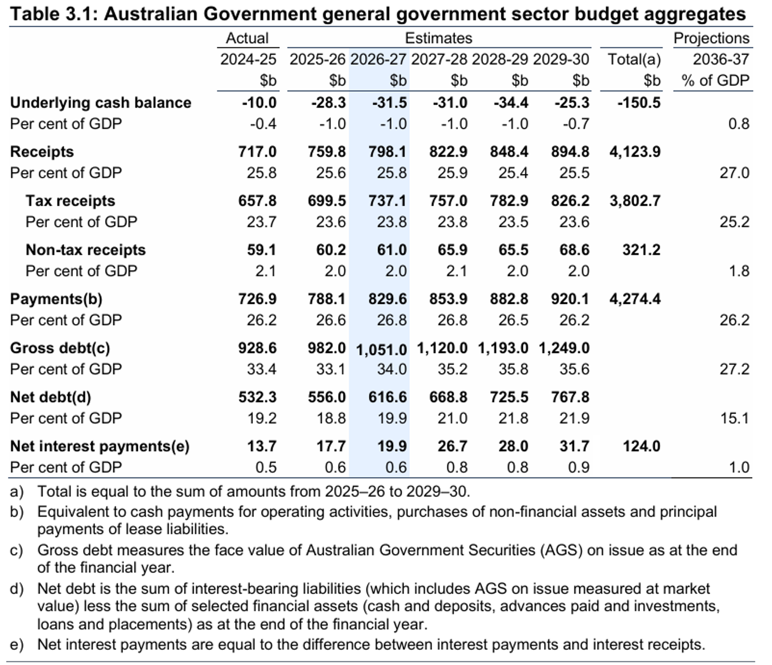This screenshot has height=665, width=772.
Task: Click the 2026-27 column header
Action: click(x=378, y=59)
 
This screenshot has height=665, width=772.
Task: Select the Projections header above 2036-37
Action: click(x=712, y=38)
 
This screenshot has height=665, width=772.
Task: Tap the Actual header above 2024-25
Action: click(x=247, y=38)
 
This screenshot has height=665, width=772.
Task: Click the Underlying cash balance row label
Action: click(x=101, y=102)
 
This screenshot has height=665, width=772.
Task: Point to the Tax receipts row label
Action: click(x=70, y=201)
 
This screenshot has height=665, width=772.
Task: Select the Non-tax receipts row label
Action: click(x=85, y=250)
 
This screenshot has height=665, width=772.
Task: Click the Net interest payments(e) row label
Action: click(x=100, y=446)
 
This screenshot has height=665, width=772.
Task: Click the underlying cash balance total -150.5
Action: click(x=639, y=102)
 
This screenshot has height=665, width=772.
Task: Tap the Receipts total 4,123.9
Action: click(x=635, y=152)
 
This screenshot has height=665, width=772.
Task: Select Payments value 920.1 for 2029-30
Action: click(x=570, y=299)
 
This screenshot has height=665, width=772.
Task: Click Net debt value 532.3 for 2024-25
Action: click(x=257, y=397)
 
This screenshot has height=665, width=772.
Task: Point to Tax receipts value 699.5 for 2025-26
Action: click(x=327, y=201)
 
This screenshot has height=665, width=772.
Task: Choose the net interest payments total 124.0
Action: click(x=641, y=446)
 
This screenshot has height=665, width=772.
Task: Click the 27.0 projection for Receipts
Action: click(x=735, y=173)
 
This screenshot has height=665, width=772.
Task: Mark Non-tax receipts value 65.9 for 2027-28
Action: click(x=452, y=250)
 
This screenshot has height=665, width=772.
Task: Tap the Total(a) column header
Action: click(x=634, y=59)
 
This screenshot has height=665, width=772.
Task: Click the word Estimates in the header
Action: click(x=439, y=38)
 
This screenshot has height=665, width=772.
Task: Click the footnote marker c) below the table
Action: click(x=17, y=551)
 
